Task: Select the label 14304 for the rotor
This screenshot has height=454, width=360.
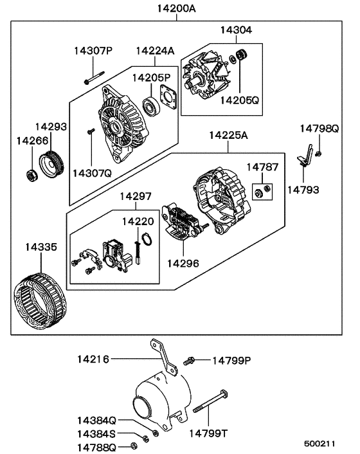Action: pyautogui.click(x=237, y=30)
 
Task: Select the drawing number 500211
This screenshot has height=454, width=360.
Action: pyautogui.click(x=319, y=444)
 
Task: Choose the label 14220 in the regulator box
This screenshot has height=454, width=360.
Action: pyautogui.click(x=138, y=222)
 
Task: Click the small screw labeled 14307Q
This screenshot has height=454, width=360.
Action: pyautogui.click(x=91, y=132)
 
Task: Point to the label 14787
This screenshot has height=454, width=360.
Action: pyautogui.click(x=263, y=167)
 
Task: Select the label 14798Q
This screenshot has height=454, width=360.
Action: pyautogui.click(x=319, y=129)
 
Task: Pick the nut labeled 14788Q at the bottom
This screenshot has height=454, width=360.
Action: pyautogui.click(x=133, y=445)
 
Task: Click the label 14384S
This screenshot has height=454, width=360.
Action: pyautogui.click(x=97, y=433)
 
